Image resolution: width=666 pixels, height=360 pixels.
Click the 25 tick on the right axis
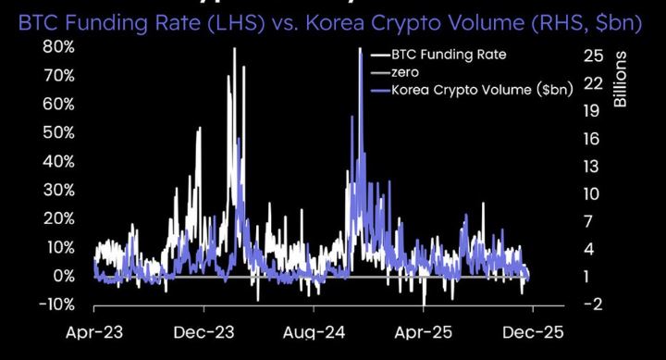pyautogui.click(x=593, y=56)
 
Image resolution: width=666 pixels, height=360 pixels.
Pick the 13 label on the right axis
pyautogui.click(x=594, y=166)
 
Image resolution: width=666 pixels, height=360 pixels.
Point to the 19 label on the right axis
pyautogui.click(x=594, y=111)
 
